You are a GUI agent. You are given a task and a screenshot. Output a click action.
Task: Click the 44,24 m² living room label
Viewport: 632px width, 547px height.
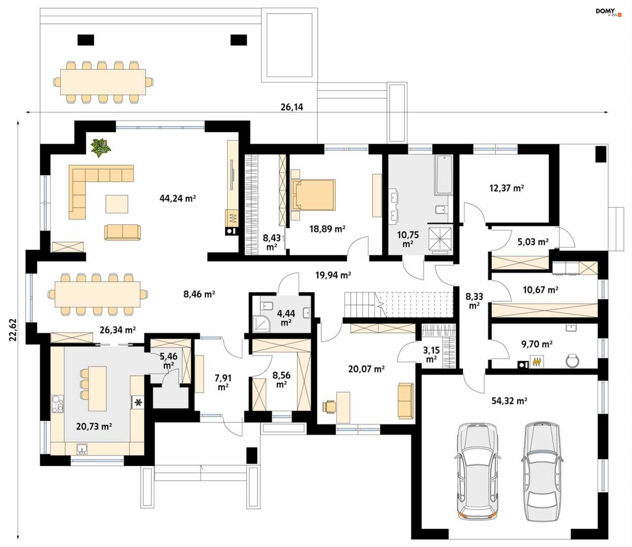tap(177, 198)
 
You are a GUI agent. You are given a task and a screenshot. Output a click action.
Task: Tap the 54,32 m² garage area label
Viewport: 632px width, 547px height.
tap(509, 401)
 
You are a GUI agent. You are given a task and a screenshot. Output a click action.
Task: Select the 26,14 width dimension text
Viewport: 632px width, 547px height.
tap(292, 107)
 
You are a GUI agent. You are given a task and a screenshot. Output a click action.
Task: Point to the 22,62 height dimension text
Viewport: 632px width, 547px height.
tap(13, 330)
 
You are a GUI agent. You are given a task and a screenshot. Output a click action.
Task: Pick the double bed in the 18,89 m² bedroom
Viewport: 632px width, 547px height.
tap(313, 195)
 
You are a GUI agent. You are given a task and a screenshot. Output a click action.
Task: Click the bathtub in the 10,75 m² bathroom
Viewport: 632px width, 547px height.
tap(444, 175)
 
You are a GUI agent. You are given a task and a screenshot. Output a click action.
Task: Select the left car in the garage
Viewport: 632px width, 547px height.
tap(478, 472)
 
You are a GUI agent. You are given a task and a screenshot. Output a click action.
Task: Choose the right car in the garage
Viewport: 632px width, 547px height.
tap(542, 472)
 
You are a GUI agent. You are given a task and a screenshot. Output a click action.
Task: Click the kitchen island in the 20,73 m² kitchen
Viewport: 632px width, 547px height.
tap(97, 389)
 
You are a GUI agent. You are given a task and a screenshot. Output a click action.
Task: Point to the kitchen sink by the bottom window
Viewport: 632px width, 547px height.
tap(82, 448)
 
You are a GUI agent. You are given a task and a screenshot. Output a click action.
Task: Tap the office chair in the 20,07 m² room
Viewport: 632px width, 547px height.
tap(329, 407)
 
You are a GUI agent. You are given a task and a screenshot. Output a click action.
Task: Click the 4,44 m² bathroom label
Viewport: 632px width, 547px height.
tap(286, 318)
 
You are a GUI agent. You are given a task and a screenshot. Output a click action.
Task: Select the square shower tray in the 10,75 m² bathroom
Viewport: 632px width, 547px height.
tap(440, 239)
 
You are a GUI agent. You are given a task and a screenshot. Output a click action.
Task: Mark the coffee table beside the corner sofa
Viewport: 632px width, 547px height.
tap(117, 204)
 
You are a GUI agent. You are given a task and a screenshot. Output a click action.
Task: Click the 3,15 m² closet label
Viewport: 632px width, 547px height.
tap(431, 355)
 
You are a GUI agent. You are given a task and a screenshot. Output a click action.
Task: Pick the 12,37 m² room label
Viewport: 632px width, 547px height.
tap(507, 188)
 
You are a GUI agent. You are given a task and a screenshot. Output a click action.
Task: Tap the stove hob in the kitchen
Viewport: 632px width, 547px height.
tap(57, 404)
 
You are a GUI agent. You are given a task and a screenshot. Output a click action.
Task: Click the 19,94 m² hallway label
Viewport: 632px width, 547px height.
tap(333, 275)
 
